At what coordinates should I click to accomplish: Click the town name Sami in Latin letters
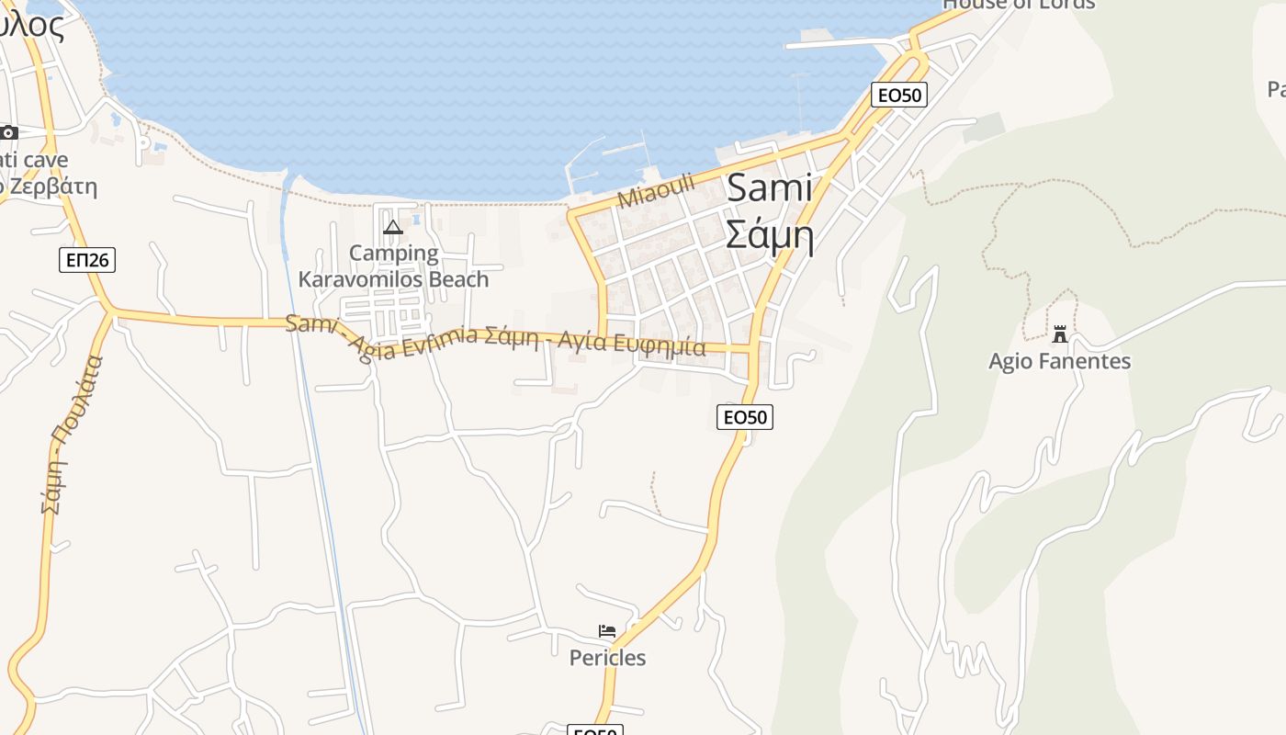769,188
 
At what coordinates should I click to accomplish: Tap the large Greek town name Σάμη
769,234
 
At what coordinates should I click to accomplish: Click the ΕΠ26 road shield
88,260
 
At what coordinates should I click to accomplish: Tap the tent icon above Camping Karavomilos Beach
393,227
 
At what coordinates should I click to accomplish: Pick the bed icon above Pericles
607,631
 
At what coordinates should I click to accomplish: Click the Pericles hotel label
607,658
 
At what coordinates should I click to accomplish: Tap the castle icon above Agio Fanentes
1060,334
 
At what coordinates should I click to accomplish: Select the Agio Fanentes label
1059,361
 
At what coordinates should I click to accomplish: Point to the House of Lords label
1019,4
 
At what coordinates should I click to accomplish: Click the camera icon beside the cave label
8,132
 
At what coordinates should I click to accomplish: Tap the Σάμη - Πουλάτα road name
66,434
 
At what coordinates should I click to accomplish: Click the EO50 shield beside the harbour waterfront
898,95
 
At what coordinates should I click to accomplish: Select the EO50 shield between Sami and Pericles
744,417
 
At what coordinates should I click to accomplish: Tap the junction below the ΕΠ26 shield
111,311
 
